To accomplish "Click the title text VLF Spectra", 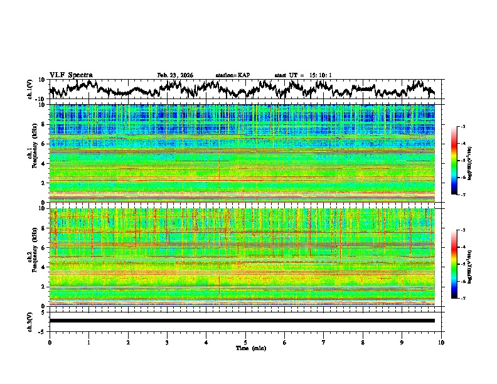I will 71,75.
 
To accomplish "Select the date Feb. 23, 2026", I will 175,75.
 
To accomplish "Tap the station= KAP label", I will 232,75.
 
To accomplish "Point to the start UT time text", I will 303,75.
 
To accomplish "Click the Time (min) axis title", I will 250,348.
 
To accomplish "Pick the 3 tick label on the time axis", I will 167,342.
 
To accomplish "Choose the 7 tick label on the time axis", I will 324,342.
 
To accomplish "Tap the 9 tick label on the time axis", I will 402,342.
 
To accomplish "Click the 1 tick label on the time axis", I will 88,342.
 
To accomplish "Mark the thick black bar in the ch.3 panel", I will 242,321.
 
